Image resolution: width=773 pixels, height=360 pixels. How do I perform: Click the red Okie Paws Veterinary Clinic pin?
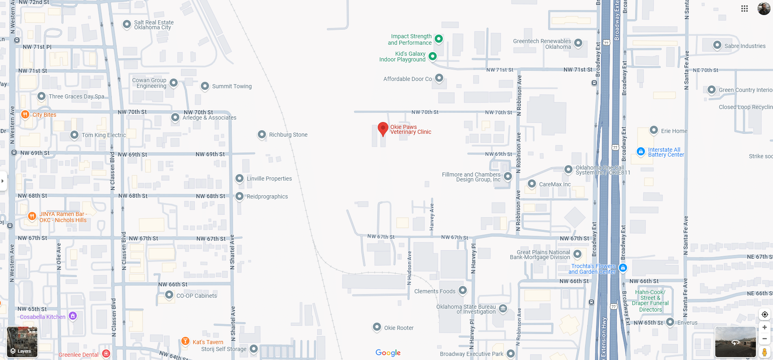click(383, 129)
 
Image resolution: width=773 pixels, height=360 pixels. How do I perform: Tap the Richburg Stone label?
click(288, 135)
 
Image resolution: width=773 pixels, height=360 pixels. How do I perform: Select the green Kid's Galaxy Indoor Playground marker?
click(433, 56)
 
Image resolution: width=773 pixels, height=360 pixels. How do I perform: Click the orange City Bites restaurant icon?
click(25, 115)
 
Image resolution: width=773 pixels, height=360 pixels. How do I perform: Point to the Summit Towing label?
click(232, 86)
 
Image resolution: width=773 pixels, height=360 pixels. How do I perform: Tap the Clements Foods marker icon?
click(463, 290)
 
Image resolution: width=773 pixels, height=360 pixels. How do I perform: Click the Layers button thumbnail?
click(22, 342)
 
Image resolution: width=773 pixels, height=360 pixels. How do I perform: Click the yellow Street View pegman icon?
click(764, 352)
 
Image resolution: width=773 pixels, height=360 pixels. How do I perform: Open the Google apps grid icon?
click(745, 9)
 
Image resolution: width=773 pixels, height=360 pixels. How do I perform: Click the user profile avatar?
click(764, 9)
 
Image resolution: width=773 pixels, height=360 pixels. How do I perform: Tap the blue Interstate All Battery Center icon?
click(641, 152)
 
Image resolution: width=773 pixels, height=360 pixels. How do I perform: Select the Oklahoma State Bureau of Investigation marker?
click(503, 308)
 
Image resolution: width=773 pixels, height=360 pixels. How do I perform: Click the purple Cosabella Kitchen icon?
click(73, 316)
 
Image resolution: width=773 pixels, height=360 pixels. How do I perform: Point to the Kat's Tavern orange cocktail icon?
click(185, 341)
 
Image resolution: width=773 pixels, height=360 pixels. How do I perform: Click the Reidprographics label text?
click(267, 196)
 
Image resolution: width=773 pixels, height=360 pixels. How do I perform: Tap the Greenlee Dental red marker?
click(106, 353)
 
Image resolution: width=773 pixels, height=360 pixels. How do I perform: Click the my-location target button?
click(764, 314)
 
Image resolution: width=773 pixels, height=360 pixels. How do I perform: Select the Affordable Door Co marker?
click(439, 78)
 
